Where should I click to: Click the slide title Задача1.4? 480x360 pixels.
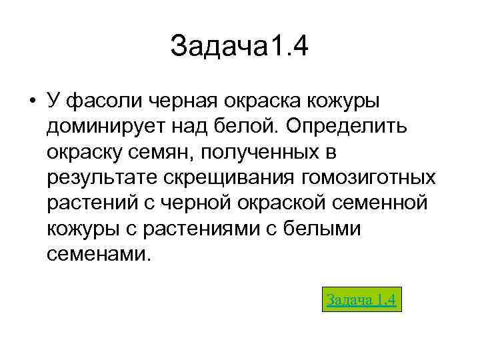coord(240,47)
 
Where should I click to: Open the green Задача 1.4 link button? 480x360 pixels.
coord(362,300)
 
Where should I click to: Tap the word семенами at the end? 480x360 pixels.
coord(99,255)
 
